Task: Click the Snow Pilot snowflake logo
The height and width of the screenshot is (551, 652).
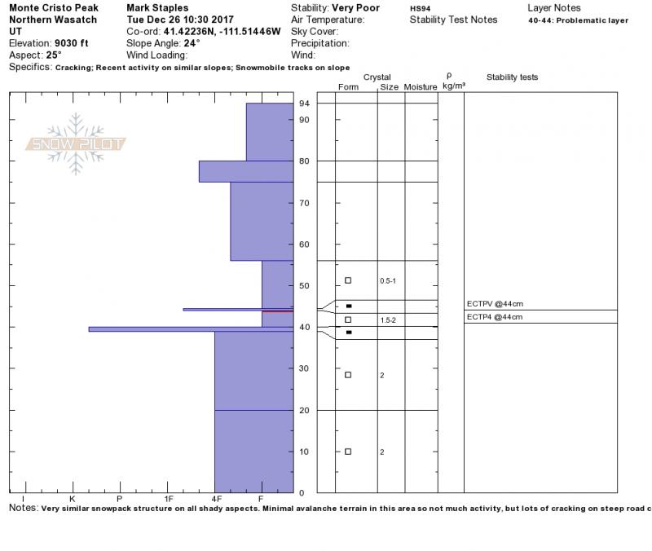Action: click(75, 143)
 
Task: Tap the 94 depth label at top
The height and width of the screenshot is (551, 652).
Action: click(304, 104)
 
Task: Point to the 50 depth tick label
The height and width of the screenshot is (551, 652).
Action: click(304, 285)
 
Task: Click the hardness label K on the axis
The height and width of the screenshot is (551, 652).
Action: click(73, 499)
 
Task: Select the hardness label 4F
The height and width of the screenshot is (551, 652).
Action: click(216, 499)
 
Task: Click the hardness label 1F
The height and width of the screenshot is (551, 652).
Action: click(168, 499)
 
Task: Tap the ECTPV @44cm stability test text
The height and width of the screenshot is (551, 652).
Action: click(495, 304)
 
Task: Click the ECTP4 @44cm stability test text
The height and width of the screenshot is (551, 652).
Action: click(495, 317)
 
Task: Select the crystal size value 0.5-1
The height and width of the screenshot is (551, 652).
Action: click(388, 281)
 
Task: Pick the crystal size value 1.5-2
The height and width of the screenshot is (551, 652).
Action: click(388, 320)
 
